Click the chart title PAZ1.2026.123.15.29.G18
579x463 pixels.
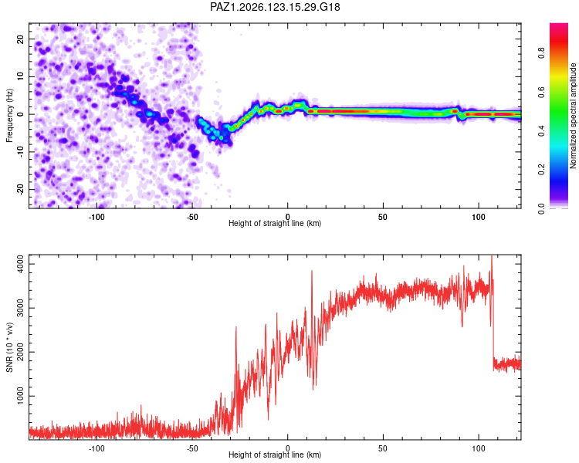click(x=275, y=7)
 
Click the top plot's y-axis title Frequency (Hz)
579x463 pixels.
click(x=9, y=116)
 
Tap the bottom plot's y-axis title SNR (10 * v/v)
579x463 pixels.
click(x=9, y=347)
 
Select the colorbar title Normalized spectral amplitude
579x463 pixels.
click(x=573, y=116)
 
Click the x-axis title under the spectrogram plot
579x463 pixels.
click(x=275, y=223)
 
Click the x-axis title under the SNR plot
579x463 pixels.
click(x=275, y=455)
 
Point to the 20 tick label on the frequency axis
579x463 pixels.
click(x=21, y=39)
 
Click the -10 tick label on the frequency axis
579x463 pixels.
click(x=21, y=152)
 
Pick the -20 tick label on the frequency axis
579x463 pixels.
click(x=21, y=189)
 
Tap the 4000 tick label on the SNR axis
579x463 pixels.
click(x=21, y=265)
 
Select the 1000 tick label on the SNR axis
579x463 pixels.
click(x=21, y=396)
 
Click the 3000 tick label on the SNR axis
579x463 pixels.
click(x=21, y=308)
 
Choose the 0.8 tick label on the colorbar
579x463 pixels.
click(x=541, y=52)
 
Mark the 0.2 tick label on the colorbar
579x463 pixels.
click(x=541, y=169)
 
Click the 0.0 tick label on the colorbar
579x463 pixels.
click(x=541, y=208)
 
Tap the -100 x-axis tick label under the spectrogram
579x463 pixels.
click(x=96, y=217)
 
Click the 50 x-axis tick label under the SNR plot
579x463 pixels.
click(x=383, y=448)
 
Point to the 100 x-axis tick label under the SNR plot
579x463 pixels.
click(x=479, y=448)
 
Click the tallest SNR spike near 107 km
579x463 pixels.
click(x=492, y=255)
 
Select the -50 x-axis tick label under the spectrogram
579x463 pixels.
click(x=192, y=217)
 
